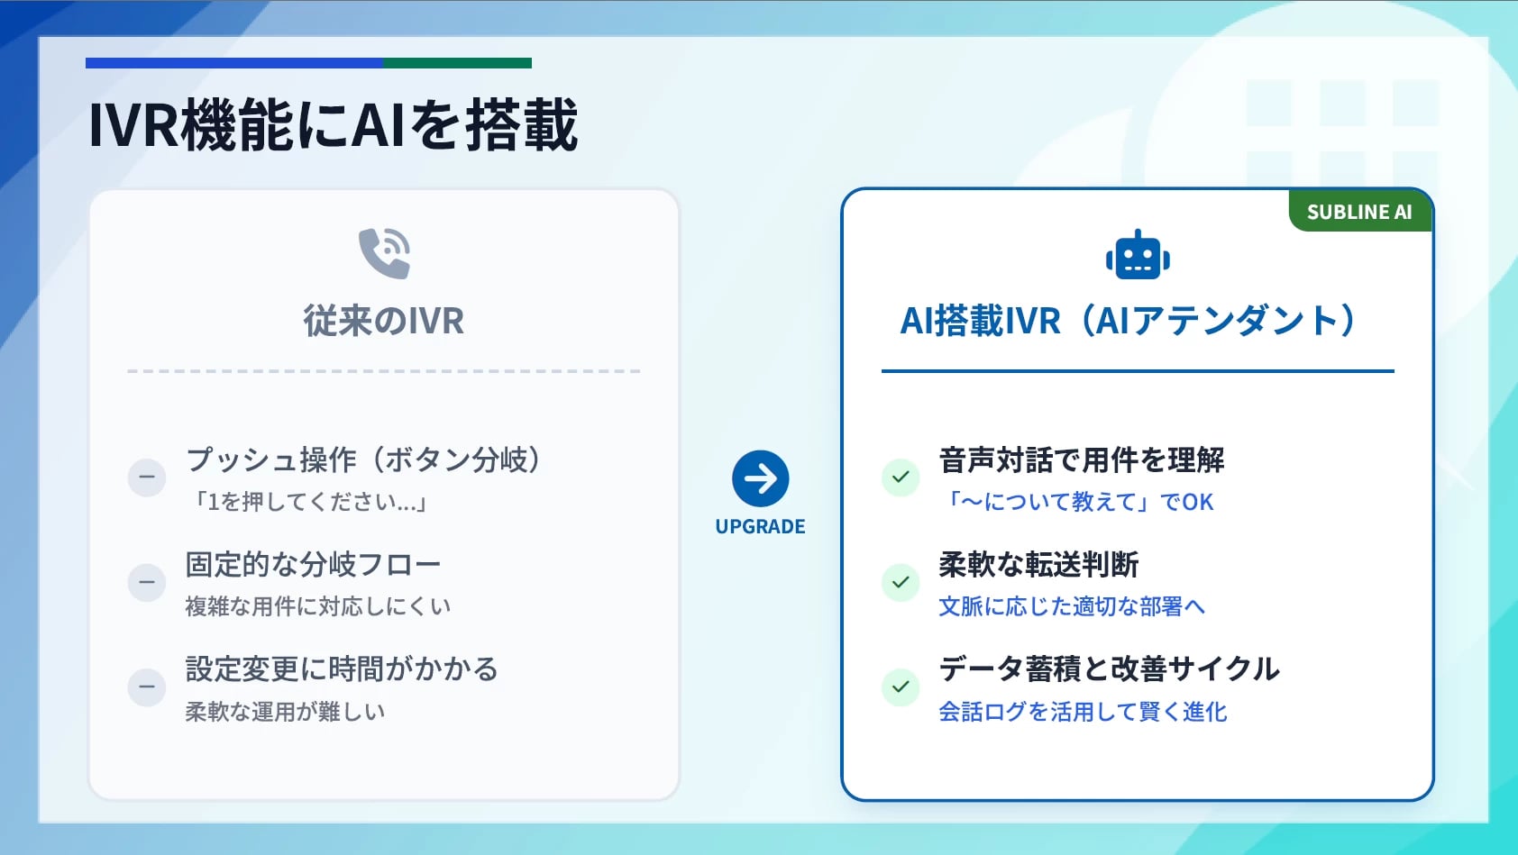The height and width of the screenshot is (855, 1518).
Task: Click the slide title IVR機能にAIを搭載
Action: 333,124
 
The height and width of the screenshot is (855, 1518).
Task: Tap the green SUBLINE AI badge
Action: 1359,212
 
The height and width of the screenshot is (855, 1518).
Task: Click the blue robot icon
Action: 1138,255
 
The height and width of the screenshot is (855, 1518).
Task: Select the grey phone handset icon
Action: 384,253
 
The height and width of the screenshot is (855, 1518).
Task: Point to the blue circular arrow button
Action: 761,478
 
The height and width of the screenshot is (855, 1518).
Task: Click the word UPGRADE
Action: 761,526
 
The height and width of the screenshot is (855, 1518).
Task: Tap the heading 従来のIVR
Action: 384,321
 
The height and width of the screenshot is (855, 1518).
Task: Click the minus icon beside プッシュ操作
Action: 146,477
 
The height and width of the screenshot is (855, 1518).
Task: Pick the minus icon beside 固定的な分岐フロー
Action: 146,582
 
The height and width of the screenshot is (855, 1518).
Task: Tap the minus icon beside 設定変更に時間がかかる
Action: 146,687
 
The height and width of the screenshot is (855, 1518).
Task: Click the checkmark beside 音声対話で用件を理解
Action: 901,477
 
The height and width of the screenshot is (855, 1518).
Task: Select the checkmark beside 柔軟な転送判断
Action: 901,582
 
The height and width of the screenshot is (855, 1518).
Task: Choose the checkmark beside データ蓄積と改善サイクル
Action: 901,687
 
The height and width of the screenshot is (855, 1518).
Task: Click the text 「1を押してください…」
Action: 309,502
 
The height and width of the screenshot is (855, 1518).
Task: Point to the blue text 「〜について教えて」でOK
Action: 1077,502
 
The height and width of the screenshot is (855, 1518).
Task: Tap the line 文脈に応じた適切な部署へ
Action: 1072,606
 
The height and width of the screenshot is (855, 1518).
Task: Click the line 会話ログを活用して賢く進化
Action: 1083,712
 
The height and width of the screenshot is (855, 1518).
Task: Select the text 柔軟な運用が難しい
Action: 286,712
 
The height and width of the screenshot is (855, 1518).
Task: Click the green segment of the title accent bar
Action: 457,63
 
